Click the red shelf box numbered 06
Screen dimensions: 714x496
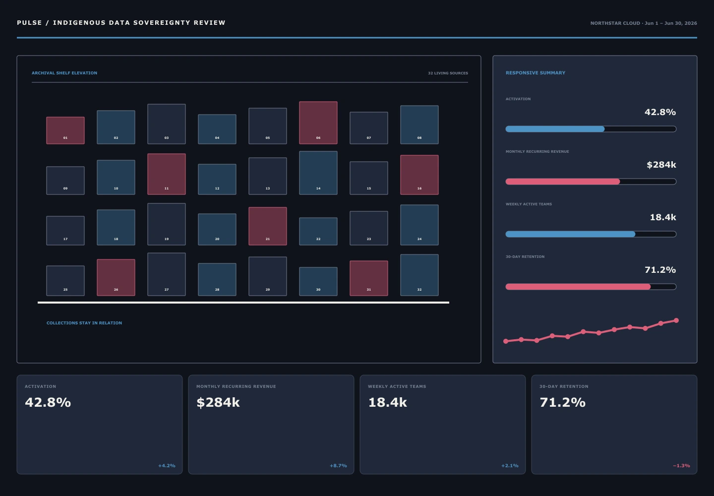318,123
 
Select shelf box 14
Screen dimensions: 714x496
318,173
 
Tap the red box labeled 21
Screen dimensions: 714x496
268,226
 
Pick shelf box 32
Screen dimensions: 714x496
419,275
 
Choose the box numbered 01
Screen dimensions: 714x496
65,130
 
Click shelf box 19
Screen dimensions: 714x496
167,224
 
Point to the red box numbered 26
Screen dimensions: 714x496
116,277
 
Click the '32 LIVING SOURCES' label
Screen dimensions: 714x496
448,73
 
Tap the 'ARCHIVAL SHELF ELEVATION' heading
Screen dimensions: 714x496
64,73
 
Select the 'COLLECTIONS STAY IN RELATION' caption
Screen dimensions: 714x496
84,323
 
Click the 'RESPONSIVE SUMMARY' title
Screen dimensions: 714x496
535,73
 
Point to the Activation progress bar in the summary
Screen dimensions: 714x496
591,129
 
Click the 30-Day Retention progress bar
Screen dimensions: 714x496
591,287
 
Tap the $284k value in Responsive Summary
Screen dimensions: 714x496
661,165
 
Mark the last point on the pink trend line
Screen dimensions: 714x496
676,320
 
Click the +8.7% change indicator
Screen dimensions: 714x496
338,466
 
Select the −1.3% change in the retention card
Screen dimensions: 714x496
681,466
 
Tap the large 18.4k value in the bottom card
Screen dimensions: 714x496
387,402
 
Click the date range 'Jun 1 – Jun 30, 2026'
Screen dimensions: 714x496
671,23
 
